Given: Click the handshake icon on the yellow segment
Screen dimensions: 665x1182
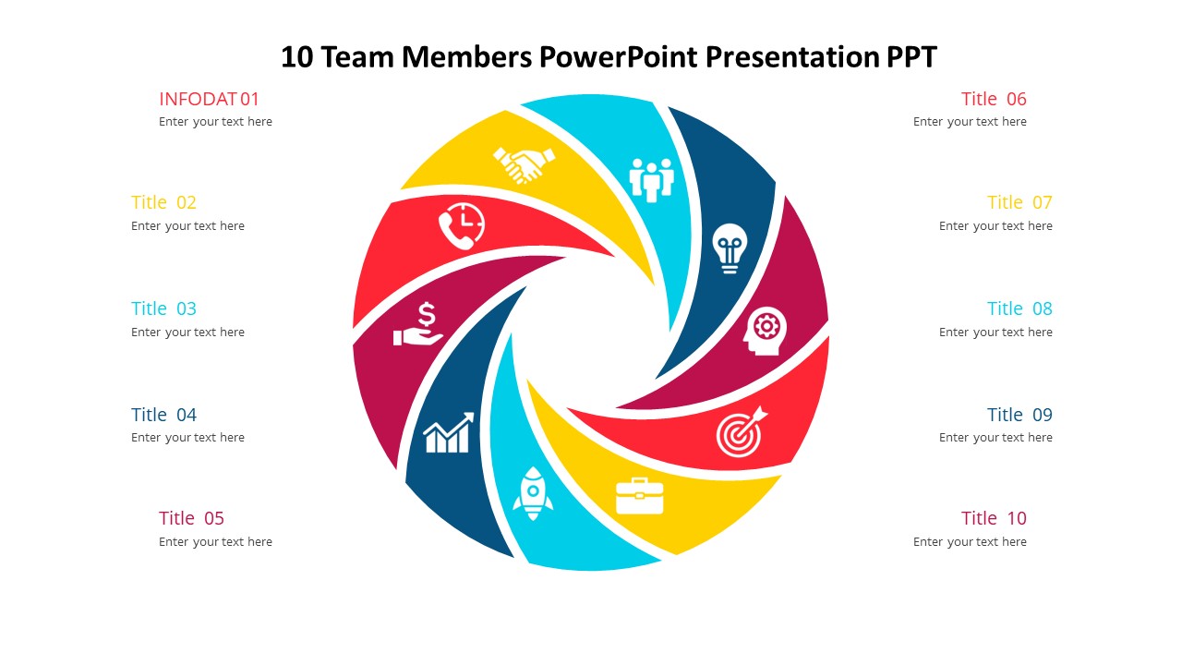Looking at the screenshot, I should [524, 164].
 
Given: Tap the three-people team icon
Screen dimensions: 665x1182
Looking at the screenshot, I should [652, 179].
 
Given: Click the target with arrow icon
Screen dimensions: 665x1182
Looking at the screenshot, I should [741, 431].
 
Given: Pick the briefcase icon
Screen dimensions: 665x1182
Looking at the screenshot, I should [639, 496].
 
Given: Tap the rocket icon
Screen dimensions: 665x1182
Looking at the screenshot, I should [533, 493].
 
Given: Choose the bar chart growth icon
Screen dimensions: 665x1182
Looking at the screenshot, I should [448, 433].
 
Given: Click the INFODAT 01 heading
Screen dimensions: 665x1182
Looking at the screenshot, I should [209, 99].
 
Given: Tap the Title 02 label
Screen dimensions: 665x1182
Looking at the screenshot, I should [163, 202].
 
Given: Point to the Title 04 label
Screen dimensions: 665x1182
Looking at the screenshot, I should [163, 415].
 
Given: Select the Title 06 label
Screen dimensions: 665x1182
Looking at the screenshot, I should [994, 99].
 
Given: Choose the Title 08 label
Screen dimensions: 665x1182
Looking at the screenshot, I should [1019, 308].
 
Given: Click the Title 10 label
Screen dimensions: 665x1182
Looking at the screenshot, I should [994, 518].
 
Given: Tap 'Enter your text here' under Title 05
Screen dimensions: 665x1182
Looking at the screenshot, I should [215, 542].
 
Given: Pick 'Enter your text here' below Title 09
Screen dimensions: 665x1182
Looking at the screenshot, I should [995, 438].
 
